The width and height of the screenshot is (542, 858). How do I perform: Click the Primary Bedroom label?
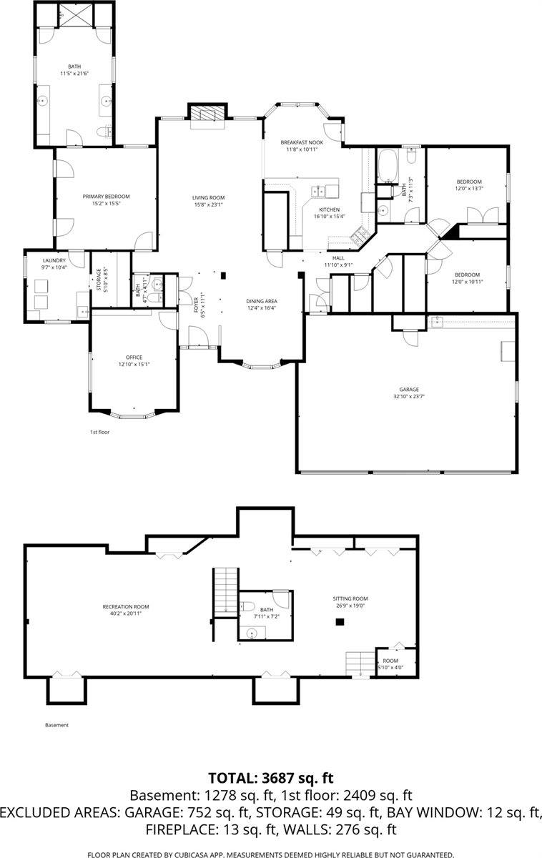click(106, 196)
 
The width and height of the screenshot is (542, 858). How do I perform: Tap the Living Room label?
click(208, 197)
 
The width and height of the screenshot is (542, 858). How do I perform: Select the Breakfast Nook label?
click(302, 142)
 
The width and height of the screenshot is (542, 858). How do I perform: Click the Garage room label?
click(405, 389)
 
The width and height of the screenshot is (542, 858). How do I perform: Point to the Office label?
click(134, 357)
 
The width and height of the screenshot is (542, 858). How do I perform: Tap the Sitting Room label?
click(350, 598)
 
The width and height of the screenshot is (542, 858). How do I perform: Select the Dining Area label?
click(261, 301)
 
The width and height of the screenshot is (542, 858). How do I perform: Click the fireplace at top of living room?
click(207, 114)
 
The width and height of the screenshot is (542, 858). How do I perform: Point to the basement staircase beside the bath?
click(225, 590)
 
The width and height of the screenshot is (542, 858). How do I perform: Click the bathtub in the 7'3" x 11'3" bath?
click(390, 164)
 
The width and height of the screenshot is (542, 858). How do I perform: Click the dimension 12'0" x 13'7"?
click(469, 189)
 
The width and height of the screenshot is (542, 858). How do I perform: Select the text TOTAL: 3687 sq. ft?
click(271, 778)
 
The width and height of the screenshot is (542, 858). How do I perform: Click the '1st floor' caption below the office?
click(99, 432)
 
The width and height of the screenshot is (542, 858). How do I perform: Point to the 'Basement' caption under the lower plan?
click(56, 725)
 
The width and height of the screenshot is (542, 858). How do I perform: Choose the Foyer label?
click(196, 305)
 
